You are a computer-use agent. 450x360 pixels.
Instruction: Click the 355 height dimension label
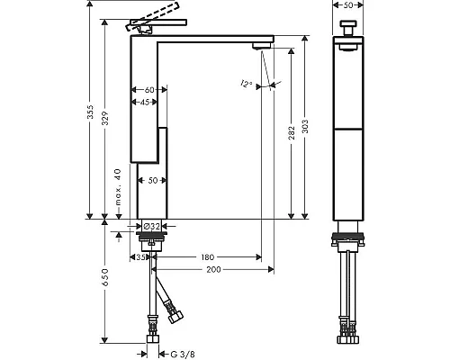click(x=90, y=112)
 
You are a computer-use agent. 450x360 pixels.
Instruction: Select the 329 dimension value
click(x=104, y=119)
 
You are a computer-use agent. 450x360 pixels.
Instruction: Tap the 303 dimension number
click(x=305, y=127)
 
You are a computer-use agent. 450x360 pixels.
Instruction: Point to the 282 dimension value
click(x=292, y=133)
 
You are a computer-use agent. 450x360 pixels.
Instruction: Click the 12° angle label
click(x=246, y=84)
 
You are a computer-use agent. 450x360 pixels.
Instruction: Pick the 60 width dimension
click(x=149, y=90)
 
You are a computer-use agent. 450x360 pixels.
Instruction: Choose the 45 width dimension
click(x=145, y=103)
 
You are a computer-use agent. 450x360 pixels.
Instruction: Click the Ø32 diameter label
click(x=151, y=226)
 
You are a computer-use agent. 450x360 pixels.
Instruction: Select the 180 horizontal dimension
click(x=208, y=257)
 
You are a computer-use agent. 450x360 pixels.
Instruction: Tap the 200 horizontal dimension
click(x=213, y=270)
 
